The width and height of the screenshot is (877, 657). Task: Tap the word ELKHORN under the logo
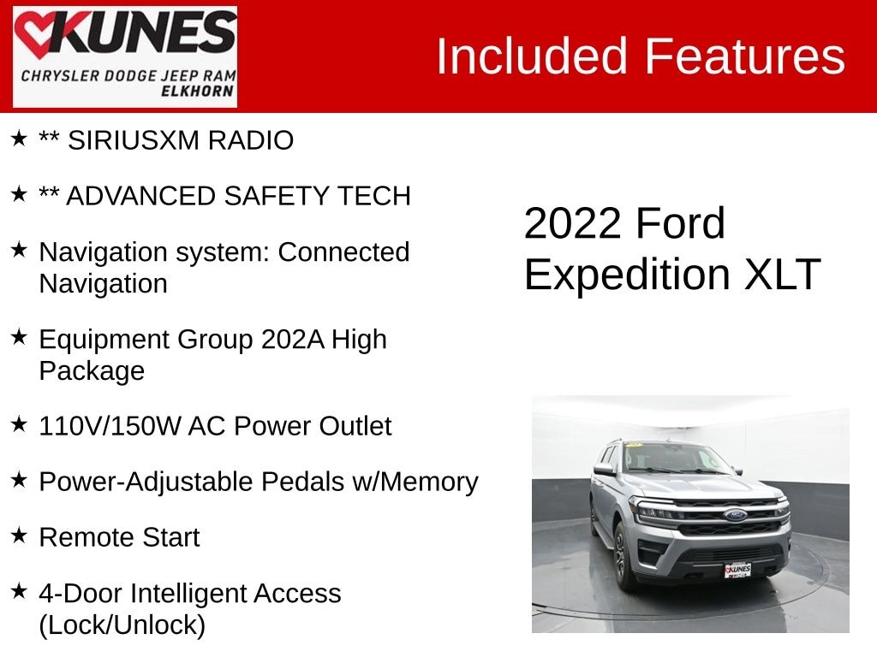pyautogui.click(x=198, y=91)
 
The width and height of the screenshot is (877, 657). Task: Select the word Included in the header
pyautogui.click(x=531, y=56)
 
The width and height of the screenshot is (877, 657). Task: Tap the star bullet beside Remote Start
pyautogui.click(x=19, y=536)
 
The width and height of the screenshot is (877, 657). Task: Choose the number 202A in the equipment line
pyautogui.click(x=293, y=339)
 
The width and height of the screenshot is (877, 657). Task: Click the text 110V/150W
pyautogui.click(x=110, y=426)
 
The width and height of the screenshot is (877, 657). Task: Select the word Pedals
pyautogui.click(x=302, y=482)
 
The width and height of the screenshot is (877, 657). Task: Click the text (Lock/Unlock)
pyautogui.click(x=122, y=625)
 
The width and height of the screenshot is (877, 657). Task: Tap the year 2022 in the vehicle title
pyautogui.click(x=573, y=223)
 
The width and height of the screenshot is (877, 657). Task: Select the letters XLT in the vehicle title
pyautogui.click(x=783, y=275)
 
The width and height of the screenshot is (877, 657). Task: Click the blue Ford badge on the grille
pyautogui.click(x=736, y=514)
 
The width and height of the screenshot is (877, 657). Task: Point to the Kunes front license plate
pyautogui.click(x=737, y=570)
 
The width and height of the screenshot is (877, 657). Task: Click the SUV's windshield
pyautogui.click(x=677, y=459)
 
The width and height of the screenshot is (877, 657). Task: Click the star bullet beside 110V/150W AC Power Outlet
pyautogui.click(x=19, y=424)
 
